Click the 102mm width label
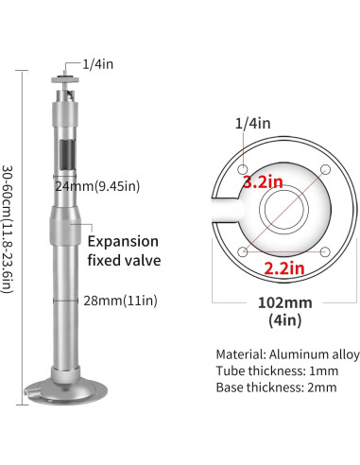(x=283, y=303)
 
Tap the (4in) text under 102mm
(x=283, y=321)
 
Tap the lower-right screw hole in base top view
(x=325, y=250)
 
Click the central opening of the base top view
(x=284, y=210)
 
